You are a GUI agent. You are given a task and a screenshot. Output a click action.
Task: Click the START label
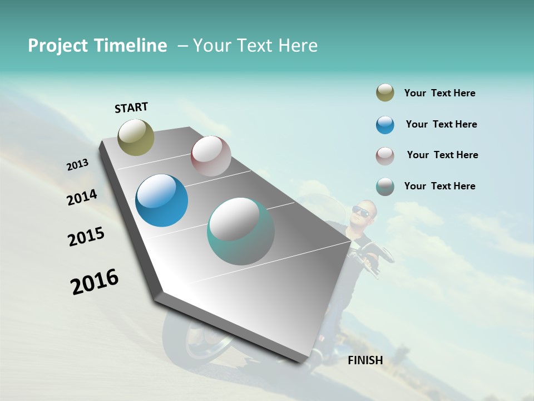pyautogui.click(x=131, y=107)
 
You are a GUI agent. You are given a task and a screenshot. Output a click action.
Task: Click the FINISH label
pyautogui.click(x=365, y=360)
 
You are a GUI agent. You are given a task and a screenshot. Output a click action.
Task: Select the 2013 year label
pyautogui.click(x=78, y=165)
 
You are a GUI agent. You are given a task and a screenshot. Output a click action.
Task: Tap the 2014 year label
pyautogui.click(x=82, y=197)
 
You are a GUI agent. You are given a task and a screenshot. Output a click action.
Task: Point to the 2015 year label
pyautogui.click(x=86, y=237)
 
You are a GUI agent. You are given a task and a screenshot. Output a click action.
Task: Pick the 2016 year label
pyautogui.click(x=95, y=282)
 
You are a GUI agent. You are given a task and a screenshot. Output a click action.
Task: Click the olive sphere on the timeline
pyautogui.click(x=136, y=137)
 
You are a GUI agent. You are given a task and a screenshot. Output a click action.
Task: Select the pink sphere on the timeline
pyautogui.click(x=211, y=156)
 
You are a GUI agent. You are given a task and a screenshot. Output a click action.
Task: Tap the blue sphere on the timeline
pyautogui.click(x=162, y=200)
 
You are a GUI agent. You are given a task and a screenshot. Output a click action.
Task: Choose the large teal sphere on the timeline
pyautogui.click(x=241, y=231)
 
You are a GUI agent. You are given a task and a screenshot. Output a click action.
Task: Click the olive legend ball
pyautogui.click(x=385, y=93)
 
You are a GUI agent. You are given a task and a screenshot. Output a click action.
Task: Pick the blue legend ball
pyautogui.click(x=385, y=125)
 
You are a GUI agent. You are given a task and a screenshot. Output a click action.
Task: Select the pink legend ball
pyautogui.click(x=385, y=156)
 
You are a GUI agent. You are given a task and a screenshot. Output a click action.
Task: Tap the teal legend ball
pyautogui.click(x=385, y=187)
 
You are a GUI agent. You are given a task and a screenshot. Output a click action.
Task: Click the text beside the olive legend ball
pyautogui.click(x=440, y=94)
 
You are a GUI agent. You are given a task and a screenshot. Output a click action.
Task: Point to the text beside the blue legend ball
pyautogui.click(x=442, y=124)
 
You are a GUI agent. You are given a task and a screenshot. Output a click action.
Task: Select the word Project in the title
pyautogui.click(x=59, y=46)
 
